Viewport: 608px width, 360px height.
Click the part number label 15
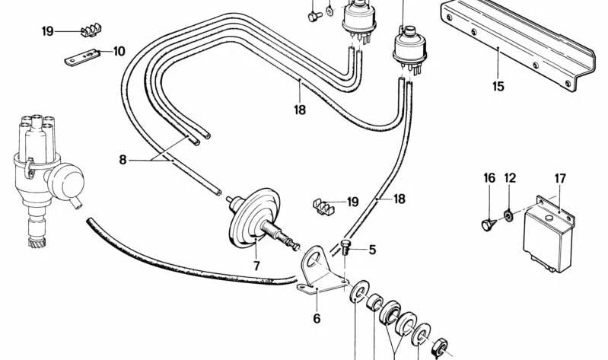coord(498,86)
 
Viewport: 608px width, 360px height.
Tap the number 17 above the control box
coord(560,178)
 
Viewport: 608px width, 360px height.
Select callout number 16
coord(489,178)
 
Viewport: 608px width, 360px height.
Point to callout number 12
coord(510,178)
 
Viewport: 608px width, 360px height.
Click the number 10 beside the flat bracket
coord(119,51)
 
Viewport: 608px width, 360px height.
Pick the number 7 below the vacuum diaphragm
coord(256,266)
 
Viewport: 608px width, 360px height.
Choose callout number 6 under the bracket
coord(317,318)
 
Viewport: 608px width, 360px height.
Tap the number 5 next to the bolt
coord(372,250)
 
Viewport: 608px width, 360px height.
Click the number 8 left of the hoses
coord(123,159)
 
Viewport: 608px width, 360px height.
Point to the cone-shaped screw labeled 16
coord(489,225)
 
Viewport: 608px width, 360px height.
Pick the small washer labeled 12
coord(508,215)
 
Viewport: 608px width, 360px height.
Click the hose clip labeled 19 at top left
coord(91,30)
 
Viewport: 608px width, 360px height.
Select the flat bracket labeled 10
coord(82,57)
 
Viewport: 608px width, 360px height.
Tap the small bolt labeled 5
coord(345,247)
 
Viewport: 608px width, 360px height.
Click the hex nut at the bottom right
coord(440,346)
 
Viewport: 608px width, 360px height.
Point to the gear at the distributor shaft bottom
coord(37,243)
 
